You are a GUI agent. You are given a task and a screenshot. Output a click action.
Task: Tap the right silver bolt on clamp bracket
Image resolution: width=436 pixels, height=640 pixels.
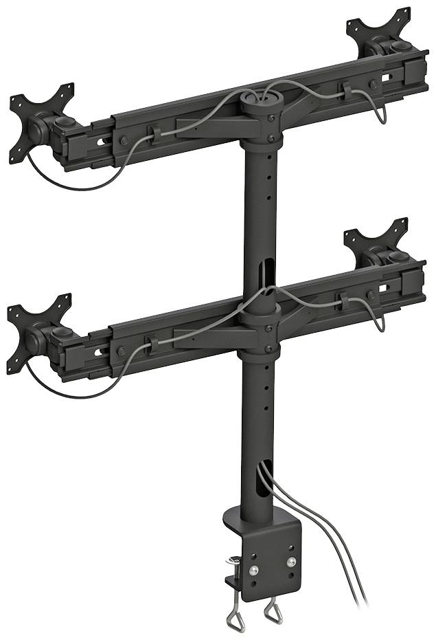291,562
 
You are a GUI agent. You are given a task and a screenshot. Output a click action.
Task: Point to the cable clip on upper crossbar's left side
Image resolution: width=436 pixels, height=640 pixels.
154,133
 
